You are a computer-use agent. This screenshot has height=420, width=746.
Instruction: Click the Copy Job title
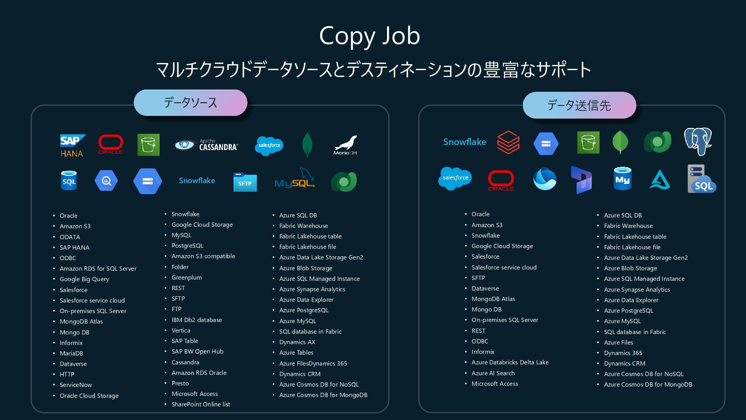click(x=369, y=36)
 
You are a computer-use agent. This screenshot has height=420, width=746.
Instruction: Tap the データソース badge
click(x=190, y=103)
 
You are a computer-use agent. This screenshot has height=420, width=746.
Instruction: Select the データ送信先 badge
click(x=579, y=105)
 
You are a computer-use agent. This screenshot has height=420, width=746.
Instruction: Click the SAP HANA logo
click(x=72, y=145)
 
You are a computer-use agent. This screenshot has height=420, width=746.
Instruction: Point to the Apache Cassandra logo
click(x=205, y=145)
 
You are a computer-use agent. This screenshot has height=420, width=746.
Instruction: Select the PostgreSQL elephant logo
click(x=698, y=141)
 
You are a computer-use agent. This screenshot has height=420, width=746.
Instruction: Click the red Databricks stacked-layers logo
click(x=508, y=142)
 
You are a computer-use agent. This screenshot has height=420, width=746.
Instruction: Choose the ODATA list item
click(x=70, y=237)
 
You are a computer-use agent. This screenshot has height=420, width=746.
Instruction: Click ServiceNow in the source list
click(x=76, y=385)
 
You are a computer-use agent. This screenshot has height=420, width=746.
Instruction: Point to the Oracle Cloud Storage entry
click(x=89, y=395)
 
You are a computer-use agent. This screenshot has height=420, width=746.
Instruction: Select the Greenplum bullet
click(x=186, y=277)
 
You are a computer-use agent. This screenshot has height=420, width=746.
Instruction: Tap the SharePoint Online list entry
click(x=200, y=404)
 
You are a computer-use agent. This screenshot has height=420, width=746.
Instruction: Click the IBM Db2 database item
click(x=197, y=320)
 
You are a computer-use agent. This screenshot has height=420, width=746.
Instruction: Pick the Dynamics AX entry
click(x=297, y=342)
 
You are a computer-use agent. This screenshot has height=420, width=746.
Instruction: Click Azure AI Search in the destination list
click(x=493, y=373)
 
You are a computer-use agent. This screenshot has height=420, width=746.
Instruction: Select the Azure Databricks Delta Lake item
click(x=510, y=362)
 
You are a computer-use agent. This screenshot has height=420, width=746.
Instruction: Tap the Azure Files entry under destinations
click(x=618, y=342)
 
